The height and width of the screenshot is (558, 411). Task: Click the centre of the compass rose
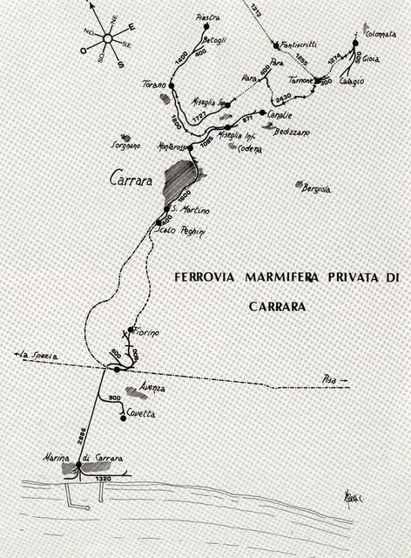(x=104, y=37)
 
